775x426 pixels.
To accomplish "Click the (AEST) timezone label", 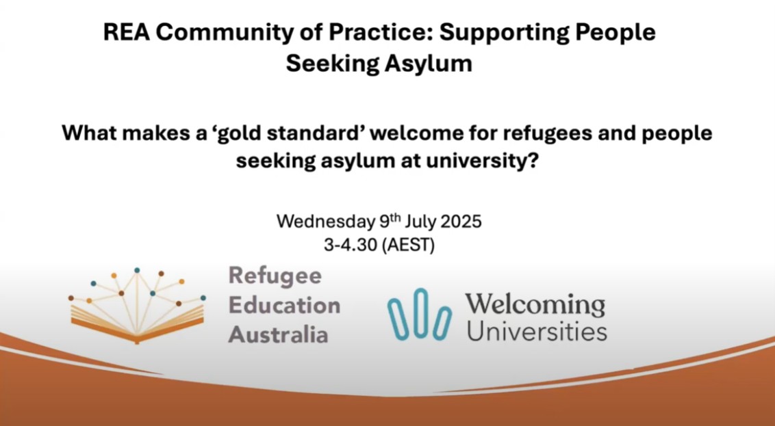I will pyautogui.click(x=409, y=245).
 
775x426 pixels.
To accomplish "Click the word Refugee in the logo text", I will pyautogui.click(x=275, y=276).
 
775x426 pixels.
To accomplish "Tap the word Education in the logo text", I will pyautogui.click(x=284, y=305).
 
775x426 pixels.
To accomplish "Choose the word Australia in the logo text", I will pyautogui.click(x=278, y=334).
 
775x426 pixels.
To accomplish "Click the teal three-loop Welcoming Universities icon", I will pyautogui.click(x=419, y=314).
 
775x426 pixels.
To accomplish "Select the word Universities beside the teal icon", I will pyautogui.click(x=536, y=332).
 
